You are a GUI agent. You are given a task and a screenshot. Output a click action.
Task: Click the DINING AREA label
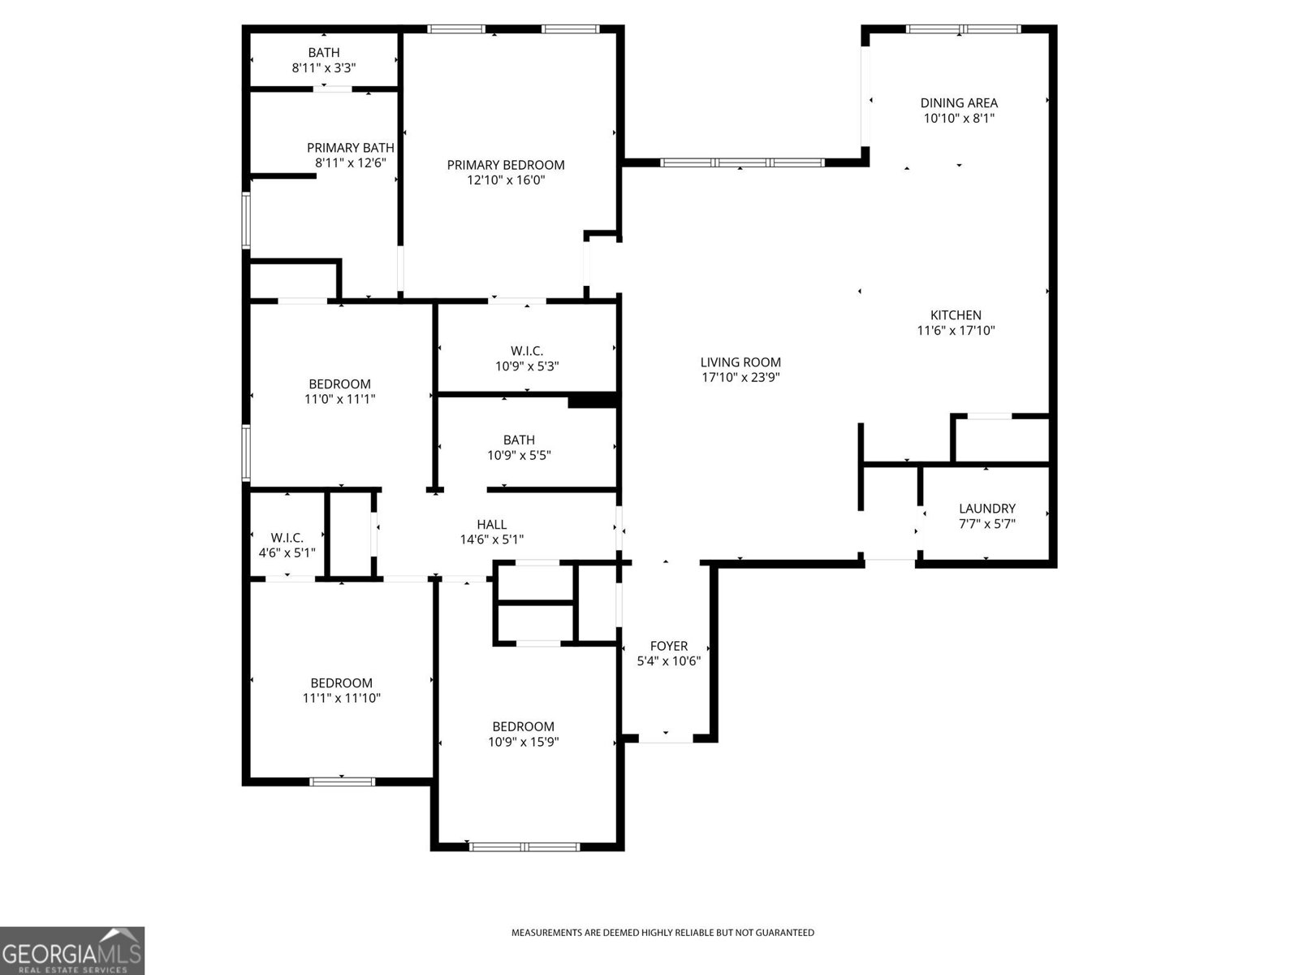(959, 103)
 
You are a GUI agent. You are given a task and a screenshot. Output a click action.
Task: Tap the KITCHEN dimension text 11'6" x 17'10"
(956, 331)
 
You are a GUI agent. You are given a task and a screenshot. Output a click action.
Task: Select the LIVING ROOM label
(740, 362)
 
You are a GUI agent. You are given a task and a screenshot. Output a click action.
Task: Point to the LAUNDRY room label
(986, 509)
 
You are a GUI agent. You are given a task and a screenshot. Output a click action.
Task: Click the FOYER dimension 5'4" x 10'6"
(668, 661)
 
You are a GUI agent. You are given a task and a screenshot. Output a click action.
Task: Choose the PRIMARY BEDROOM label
(506, 165)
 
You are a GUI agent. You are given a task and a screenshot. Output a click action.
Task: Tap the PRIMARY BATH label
(350, 148)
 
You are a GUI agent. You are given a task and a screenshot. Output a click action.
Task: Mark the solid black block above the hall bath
(593, 401)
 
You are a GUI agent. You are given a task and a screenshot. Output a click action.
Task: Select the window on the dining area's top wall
(963, 29)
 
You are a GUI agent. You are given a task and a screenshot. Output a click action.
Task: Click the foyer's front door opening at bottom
(666, 739)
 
